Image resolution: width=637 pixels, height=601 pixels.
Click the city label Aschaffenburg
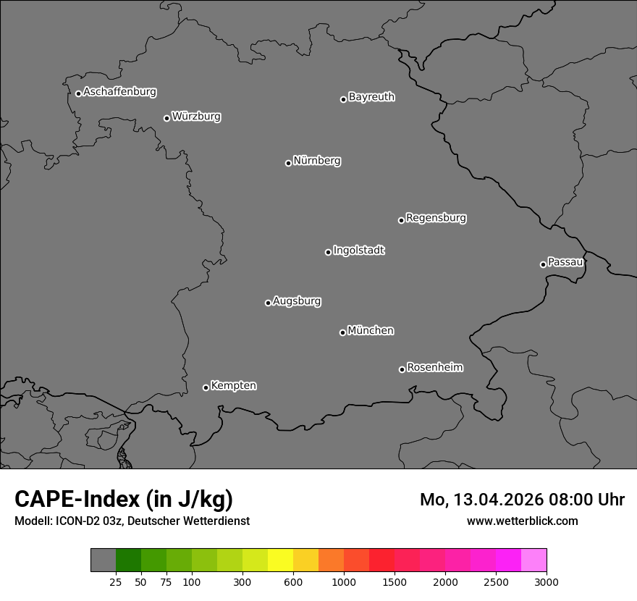[119, 92]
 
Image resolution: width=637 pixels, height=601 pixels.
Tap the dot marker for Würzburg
[166, 118]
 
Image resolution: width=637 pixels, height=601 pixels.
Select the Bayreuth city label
[371, 97]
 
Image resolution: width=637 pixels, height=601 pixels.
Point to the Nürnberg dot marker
[288, 163]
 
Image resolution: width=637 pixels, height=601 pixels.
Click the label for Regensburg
[436, 218]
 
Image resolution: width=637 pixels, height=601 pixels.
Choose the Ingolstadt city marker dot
[328, 252]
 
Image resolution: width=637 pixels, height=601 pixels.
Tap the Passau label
[565, 262]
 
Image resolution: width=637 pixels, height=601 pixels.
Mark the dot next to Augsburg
[268, 303]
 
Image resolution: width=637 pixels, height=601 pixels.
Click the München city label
[371, 331]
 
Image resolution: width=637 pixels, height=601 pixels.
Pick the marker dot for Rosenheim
[402, 370]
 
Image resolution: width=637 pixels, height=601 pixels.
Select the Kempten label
[233, 386]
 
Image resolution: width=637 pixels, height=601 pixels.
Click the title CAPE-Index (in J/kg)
[124, 499]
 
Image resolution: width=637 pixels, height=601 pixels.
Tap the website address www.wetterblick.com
[522, 521]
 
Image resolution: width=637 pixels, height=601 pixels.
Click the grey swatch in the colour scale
[103, 560]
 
